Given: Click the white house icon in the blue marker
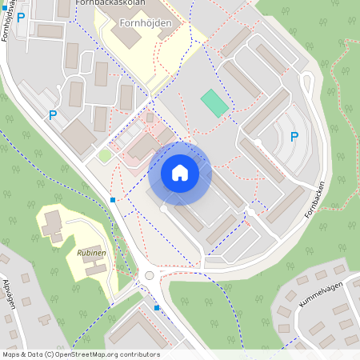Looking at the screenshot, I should click(x=179, y=172).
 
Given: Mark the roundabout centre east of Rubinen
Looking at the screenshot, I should click(x=149, y=276).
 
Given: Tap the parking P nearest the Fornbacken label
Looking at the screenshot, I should click(x=294, y=137).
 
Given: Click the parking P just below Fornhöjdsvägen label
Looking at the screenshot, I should click(x=21, y=17).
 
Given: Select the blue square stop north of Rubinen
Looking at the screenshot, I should click(x=113, y=199).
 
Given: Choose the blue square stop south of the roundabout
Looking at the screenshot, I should click(x=157, y=307).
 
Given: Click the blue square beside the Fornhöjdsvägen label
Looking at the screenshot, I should click(x=3, y=7).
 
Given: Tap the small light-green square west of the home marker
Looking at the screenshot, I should click(x=105, y=155).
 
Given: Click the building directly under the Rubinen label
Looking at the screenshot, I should click(x=94, y=268).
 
